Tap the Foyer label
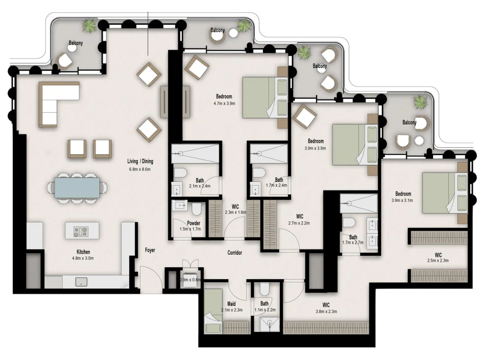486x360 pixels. [x=150, y=250]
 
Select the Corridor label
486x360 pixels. [x=234, y=253]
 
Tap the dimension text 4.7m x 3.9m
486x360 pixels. [x=224, y=104]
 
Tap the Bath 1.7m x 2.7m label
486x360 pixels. [x=353, y=240]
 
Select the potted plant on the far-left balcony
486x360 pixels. [x=89, y=25]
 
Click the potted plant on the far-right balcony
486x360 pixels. [x=420, y=102]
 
